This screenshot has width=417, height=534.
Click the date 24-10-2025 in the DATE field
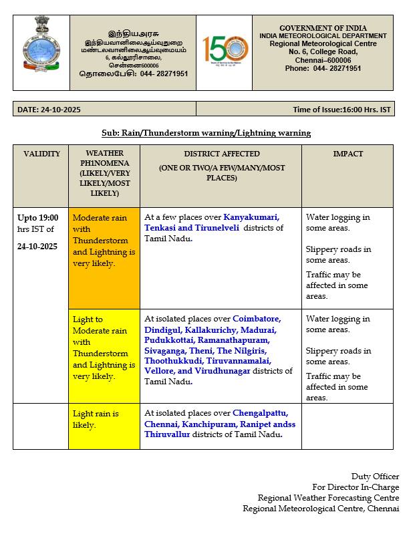[x=61, y=110]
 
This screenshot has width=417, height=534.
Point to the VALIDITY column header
[x=41, y=154]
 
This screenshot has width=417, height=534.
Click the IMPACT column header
[x=347, y=154]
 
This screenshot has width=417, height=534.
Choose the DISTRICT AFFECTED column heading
[x=221, y=154]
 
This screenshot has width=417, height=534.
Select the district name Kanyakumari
[x=251, y=217]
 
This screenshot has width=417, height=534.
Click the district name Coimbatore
[x=257, y=319]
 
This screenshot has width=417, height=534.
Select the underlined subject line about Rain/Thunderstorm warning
[x=206, y=133]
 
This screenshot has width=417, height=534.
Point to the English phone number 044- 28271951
[x=337, y=68]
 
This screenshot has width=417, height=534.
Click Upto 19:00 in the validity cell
[x=38, y=217]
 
